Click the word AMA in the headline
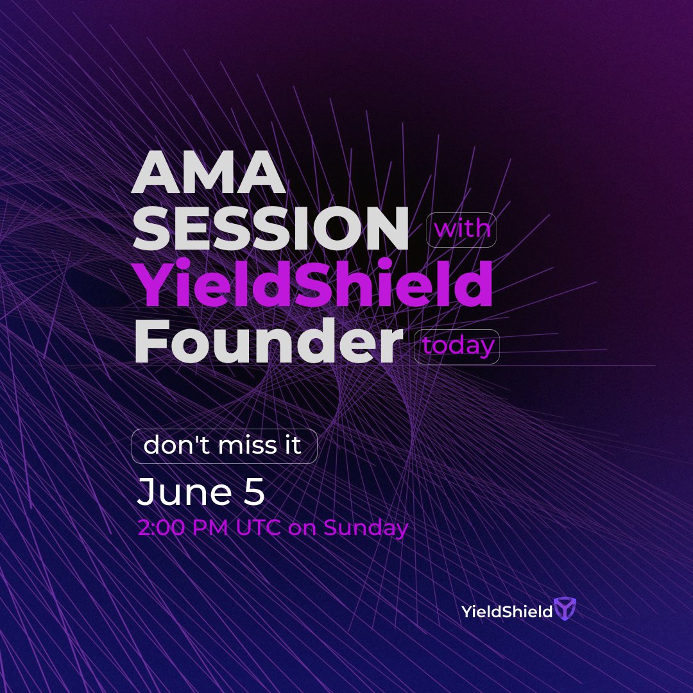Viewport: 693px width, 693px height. [x=209, y=175]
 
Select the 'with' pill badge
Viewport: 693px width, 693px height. [x=461, y=229]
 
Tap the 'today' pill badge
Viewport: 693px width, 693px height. [x=457, y=346]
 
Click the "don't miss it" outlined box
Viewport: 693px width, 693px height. [x=224, y=446]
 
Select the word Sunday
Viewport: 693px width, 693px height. [x=366, y=527]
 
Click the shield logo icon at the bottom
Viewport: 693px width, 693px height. [x=565, y=610]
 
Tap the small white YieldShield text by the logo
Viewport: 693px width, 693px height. [x=507, y=612]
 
